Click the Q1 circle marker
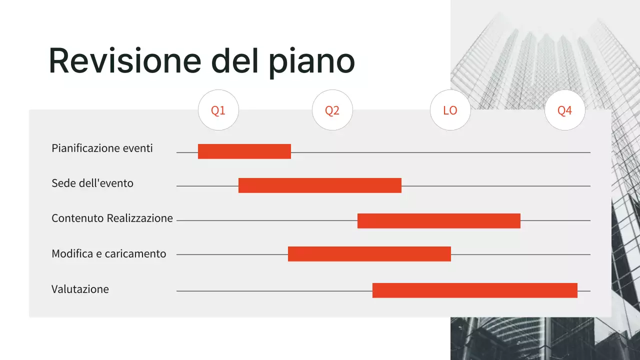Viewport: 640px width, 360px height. (218, 110)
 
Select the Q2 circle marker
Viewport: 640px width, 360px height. (332, 110)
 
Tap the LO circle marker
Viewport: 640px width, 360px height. (450, 110)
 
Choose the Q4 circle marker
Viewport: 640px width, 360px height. (564, 110)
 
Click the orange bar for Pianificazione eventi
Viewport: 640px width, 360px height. (244, 151)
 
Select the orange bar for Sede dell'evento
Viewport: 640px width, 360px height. (320, 185)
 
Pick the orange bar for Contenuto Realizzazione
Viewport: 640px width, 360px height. (439, 221)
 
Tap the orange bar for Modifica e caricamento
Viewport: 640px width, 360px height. (369, 254)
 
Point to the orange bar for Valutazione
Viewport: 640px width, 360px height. (475, 290)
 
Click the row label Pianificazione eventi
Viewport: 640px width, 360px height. (102, 148)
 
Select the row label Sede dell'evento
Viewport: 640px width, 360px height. (92, 183)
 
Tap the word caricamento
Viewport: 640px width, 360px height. (135, 254)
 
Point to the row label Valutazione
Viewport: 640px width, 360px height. (80, 289)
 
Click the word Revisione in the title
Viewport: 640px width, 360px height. (124, 61)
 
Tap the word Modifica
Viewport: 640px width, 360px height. (72, 254)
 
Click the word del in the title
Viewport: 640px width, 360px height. (232, 61)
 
